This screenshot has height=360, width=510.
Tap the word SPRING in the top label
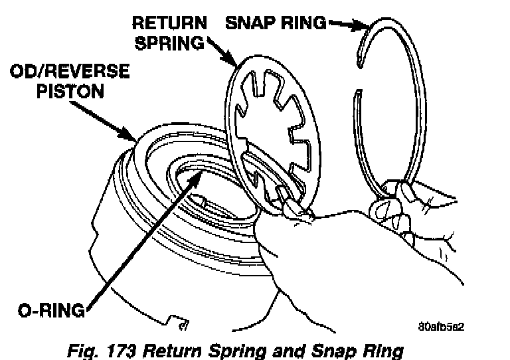[171, 44]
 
